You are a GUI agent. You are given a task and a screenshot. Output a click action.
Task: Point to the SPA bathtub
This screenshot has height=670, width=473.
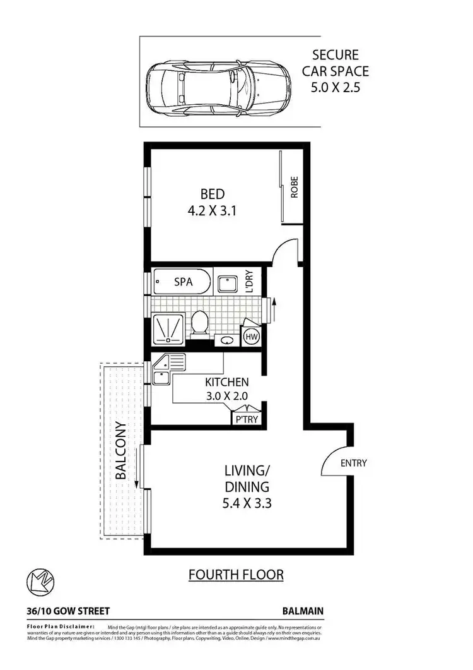point(183,282)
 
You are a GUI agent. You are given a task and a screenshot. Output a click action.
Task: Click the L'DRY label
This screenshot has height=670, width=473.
point(248,282)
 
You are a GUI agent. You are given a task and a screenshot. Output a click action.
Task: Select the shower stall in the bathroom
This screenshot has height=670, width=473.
point(168,328)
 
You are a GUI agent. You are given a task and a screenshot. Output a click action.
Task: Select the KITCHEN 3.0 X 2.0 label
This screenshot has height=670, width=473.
point(226,390)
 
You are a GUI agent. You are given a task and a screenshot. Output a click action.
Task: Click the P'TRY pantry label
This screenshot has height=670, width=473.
point(246,419)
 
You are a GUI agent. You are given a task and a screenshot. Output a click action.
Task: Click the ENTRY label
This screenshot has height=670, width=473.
point(353,463)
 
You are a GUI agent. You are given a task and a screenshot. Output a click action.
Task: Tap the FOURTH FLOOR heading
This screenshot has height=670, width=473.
point(237,575)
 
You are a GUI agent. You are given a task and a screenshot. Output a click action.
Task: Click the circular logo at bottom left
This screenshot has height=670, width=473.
point(40,580)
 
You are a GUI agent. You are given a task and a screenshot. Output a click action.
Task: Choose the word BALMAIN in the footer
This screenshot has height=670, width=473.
point(303,611)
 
